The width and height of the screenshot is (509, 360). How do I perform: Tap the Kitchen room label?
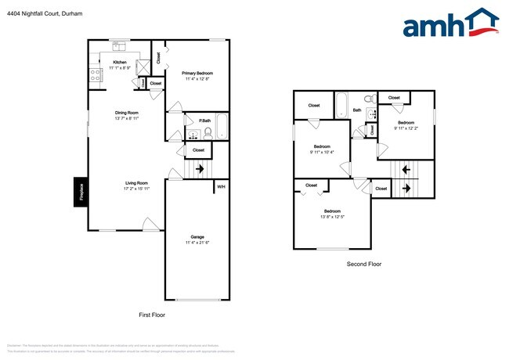[x=120, y=62]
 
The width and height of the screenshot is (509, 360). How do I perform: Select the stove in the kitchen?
[x=97, y=75]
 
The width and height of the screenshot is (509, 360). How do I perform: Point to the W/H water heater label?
[x=221, y=186]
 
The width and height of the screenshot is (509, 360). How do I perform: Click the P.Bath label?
[x=204, y=121]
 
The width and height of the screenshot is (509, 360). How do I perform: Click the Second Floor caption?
[x=364, y=265]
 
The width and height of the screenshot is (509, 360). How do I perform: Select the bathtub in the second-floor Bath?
[x=341, y=105]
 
